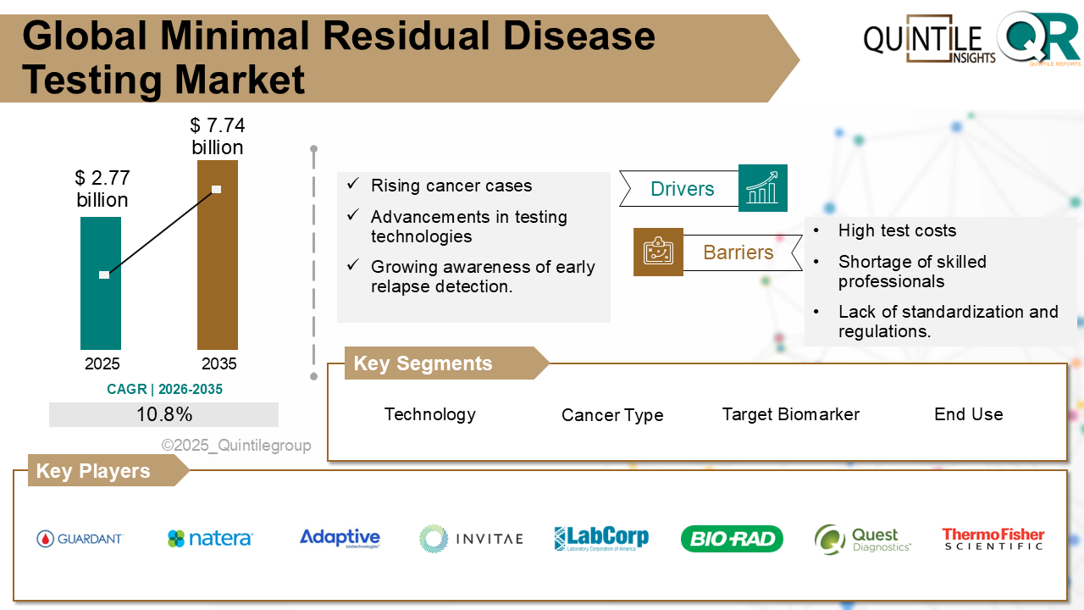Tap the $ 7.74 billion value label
[x=218, y=136]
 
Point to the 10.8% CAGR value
[x=163, y=414]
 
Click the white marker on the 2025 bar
[x=104, y=274]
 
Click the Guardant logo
[x=80, y=539]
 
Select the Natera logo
[x=210, y=538]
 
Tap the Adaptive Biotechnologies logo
[x=340, y=538]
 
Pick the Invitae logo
[x=471, y=538]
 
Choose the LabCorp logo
[x=601, y=538]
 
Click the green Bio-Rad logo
[x=732, y=539]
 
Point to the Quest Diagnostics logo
[x=862, y=539]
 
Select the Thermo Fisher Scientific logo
[x=993, y=539]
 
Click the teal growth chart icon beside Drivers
[x=762, y=188]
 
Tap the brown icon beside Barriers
[x=658, y=252]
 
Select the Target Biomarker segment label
[x=790, y=414]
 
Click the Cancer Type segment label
[x=612, y=415]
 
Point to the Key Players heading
[x=93, y=471]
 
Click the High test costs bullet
[x=897, y=230]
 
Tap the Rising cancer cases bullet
[x=451, y=186]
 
